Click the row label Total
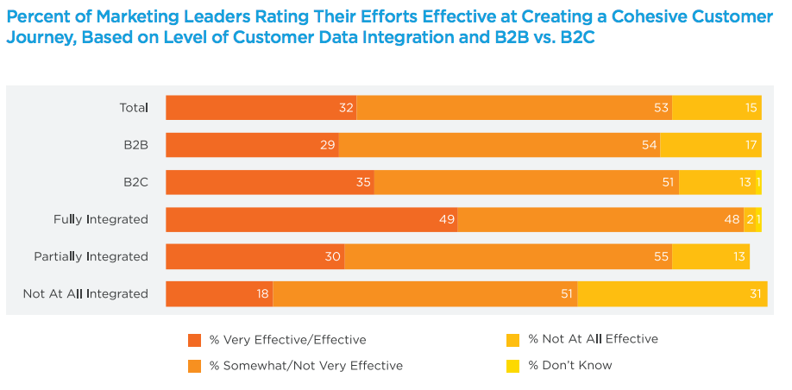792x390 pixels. (134, 108)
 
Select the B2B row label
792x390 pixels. (135, 145)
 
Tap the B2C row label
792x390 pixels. (135, 182)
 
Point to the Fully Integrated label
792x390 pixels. (101, 219)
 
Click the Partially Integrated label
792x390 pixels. (91, 256)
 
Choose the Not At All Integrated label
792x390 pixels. (85, 293)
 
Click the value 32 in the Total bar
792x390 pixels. (347, 108)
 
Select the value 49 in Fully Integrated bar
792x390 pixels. (446, 219)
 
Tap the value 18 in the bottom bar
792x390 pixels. (263, 293)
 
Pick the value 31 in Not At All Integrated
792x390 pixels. (756, 293)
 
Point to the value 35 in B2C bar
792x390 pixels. (364, 182)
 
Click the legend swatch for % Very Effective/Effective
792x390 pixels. (194, 339)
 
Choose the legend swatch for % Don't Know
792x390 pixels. (512, 365)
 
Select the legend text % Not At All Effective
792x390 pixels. (593, 339)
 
